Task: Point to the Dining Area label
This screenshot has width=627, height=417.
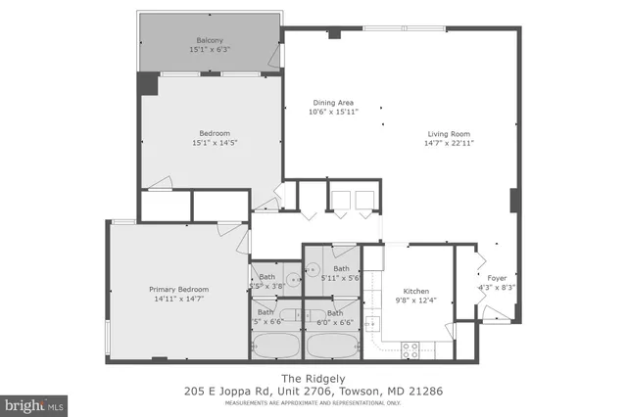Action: click(x=333, y=103)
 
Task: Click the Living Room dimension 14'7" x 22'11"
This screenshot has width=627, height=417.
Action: click(x=450, y=143)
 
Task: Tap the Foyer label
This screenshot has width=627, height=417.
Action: click(x=497, y=278)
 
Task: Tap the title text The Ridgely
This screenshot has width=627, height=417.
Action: click(x=314, y=378)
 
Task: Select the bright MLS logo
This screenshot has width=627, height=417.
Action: click(x=34, y=402)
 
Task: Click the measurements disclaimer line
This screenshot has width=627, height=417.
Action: click(x=313, y=402)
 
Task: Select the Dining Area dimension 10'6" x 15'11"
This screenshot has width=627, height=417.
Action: click(x=333, y=113)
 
